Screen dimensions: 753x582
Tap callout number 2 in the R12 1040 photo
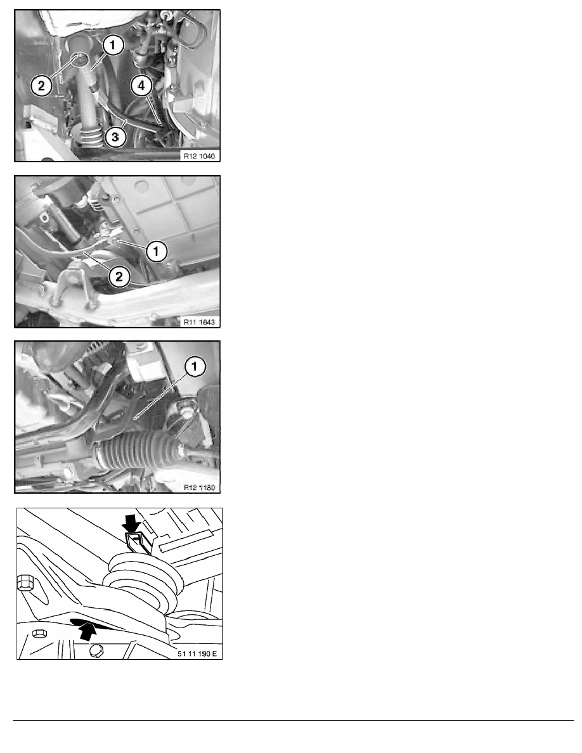point(41,87)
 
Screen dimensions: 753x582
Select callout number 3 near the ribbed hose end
point(116,138)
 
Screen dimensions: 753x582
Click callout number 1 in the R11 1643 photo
point(157,252)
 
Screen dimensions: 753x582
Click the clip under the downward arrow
point(136,544)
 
